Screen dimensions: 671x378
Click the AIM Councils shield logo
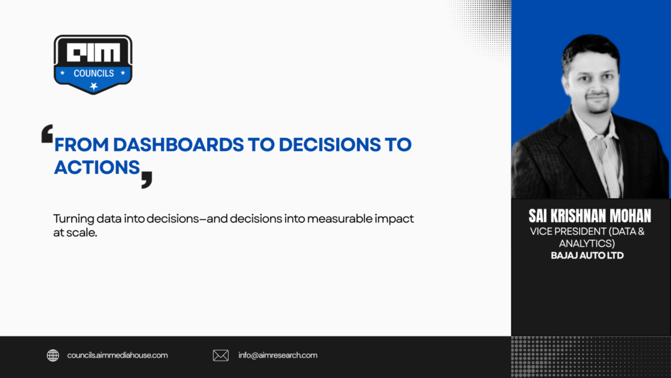coord(93,64)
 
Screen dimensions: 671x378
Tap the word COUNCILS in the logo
coord(94,73)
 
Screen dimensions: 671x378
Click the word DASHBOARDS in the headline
coord(178,145)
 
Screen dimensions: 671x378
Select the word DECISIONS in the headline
coord(330,145)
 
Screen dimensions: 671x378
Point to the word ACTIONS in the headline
coord(97,167)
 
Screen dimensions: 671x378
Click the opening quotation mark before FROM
coord(47,133)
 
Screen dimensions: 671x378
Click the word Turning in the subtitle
coord(73,219)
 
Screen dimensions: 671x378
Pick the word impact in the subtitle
coord(394,219)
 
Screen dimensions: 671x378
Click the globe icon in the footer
coord(53,355)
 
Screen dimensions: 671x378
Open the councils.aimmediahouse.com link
coord(117,355)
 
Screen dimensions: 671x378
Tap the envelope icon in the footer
coord(221,355)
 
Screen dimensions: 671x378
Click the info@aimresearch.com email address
coord(278,355)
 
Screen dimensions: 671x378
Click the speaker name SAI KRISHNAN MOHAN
coord(590,215)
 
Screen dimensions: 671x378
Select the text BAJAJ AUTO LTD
coord(587,255)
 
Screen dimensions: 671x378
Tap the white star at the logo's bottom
coord(94,86)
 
